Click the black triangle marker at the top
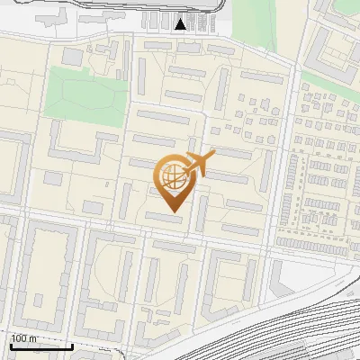click(181, 24)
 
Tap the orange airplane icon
click(199, 164)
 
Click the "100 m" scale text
click(24, 338)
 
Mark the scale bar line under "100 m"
click(41, 346)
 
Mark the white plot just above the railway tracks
click(297, 274)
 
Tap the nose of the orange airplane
click(213, 156)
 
